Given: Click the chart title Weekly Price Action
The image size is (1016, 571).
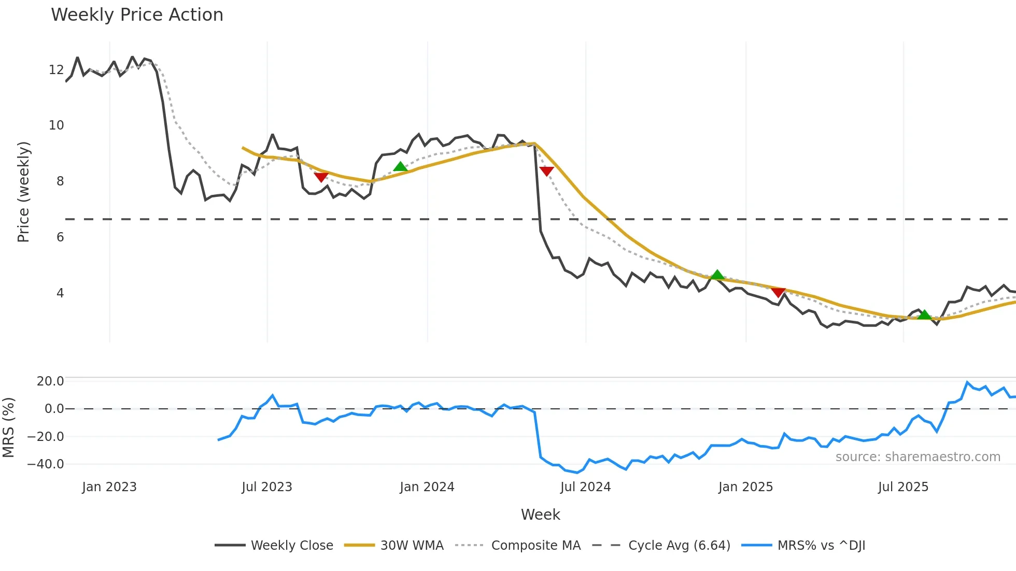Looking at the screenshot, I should click(x=137, y=15).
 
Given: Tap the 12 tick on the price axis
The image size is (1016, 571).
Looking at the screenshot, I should click(x=57, y=70).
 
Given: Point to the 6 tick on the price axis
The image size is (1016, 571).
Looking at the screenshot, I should click(x=60, y=237).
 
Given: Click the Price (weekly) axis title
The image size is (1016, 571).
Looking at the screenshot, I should click(x=23, y=192).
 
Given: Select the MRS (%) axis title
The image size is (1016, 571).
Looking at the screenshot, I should click(x=8, y=427).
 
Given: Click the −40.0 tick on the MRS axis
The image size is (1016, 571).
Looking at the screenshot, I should click(x=46, y=464).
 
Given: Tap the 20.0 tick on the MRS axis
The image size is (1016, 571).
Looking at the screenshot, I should click(x=50, y=381).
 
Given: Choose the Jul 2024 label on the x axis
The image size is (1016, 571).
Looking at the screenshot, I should click(x=585, y=487).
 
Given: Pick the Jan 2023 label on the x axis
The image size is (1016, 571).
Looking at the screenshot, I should click(x=109, y=487).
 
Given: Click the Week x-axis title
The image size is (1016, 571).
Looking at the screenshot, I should click(x=540, y=515).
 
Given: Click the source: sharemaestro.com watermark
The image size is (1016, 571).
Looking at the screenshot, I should click(x=918, y=457).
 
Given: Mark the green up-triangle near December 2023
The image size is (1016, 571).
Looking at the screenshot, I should click(x=400, y=166).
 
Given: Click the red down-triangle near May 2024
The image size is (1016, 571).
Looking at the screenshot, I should click(x=546, y=171).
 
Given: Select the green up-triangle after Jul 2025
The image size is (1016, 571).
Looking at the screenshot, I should click(x=924, y=315).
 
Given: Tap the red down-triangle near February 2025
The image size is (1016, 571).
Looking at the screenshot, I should click(x=778, y=292).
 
